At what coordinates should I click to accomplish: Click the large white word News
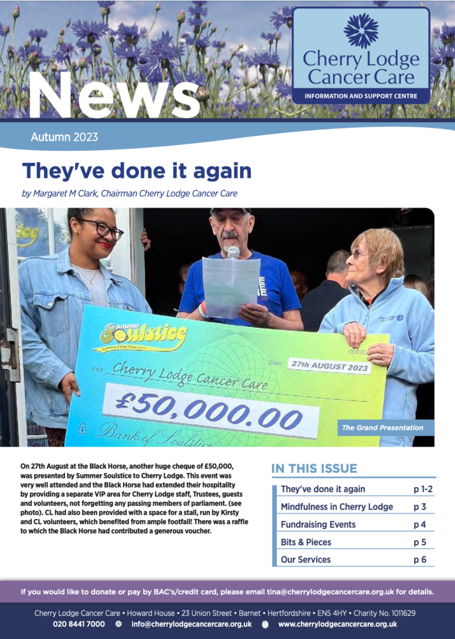point(114,94)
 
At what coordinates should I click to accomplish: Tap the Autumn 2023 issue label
point(64,137)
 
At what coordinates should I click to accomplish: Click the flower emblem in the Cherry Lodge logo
point(361,31)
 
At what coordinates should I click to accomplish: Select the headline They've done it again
point(137,171)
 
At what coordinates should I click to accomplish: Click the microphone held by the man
point(234,252)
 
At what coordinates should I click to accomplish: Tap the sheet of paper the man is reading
point(230,287)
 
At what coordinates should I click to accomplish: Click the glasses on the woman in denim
point(102,229)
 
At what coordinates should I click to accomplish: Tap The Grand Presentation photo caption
point(373,427)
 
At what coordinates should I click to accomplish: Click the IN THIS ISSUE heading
point(314,468)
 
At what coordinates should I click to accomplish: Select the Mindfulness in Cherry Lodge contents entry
point(336,507)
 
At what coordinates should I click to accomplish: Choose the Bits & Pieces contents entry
point(306,542)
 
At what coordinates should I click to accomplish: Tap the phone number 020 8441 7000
point(78,624)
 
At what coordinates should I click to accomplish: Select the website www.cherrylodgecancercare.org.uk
point(338,624)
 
